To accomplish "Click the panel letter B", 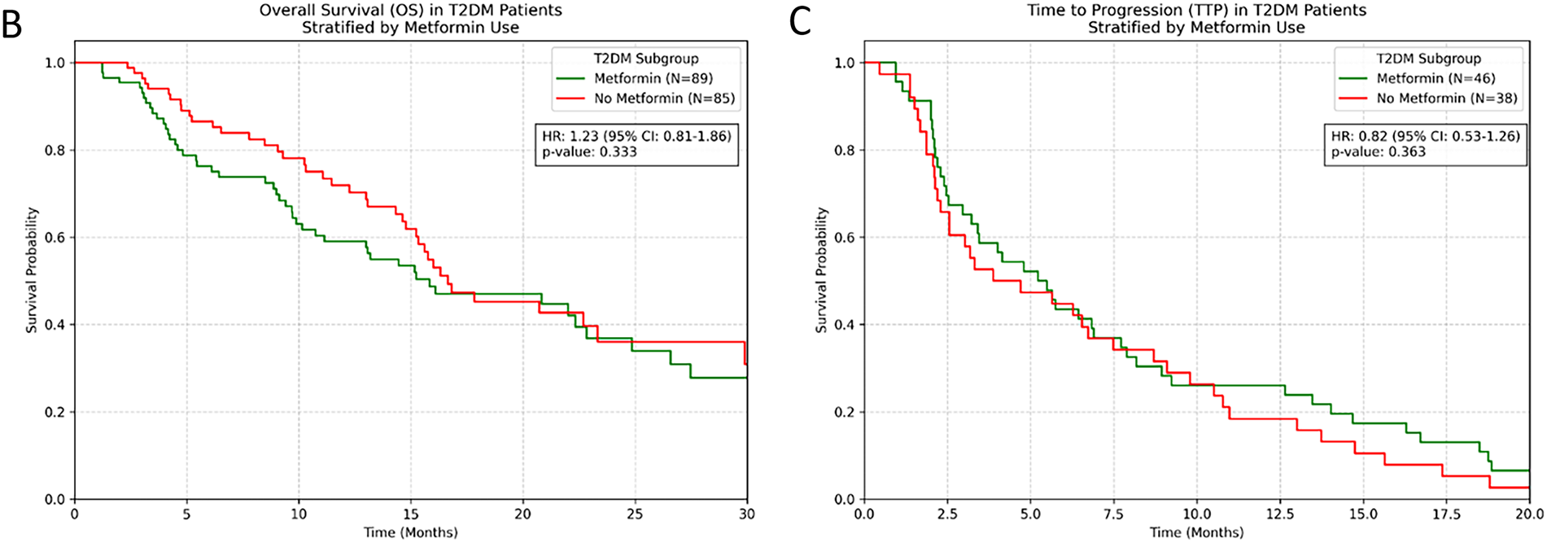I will point(12,24).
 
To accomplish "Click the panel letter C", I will point(800,22).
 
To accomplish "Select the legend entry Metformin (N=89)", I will point(653,79).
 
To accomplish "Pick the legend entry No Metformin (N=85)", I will point(664,99).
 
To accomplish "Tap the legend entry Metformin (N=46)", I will point(1436,79).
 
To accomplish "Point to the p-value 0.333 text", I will point(589,151).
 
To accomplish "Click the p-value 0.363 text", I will point(1379,151).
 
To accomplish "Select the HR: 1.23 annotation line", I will point(636,136).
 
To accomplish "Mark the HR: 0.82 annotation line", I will point(1425,136).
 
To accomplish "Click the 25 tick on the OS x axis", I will point(635,515).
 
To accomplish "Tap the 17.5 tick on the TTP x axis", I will point(1446,515).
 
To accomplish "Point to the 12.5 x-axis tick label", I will point(1280,515).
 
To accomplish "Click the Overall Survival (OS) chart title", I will point(410,11).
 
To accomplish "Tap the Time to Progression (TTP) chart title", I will point(1196,11).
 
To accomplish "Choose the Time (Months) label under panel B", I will point(410,532).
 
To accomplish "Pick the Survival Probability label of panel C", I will point(821,269).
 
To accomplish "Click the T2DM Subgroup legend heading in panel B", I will point(645,59).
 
